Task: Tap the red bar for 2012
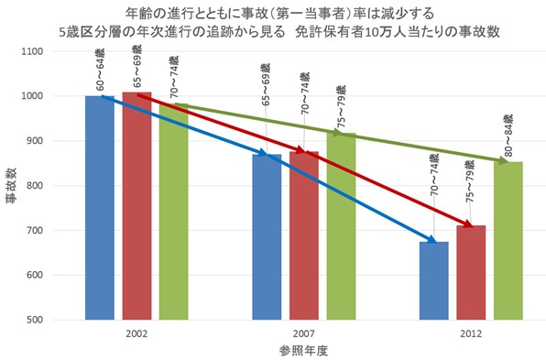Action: click(471, 275)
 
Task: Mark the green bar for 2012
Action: click(508, 247)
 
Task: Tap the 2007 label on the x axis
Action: click(304, 333)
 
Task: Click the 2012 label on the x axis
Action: click(471, 333)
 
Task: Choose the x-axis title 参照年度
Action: click(303, 350)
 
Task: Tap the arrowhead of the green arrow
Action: click(503, 162)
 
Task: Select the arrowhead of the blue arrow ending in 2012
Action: click(429, 242)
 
